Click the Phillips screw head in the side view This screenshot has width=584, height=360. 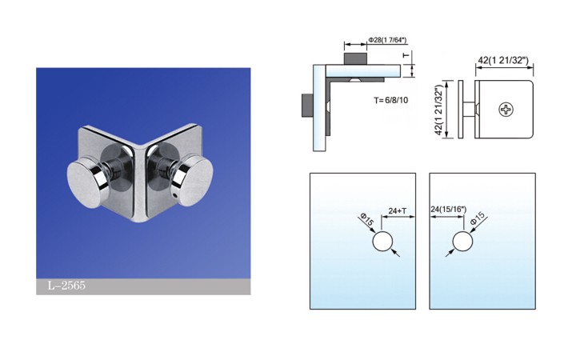click(506, 109)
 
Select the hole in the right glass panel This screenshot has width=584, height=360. click(463, 242)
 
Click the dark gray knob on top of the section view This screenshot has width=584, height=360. click(355, 59)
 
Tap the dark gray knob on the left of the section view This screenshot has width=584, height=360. click(306, 105)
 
